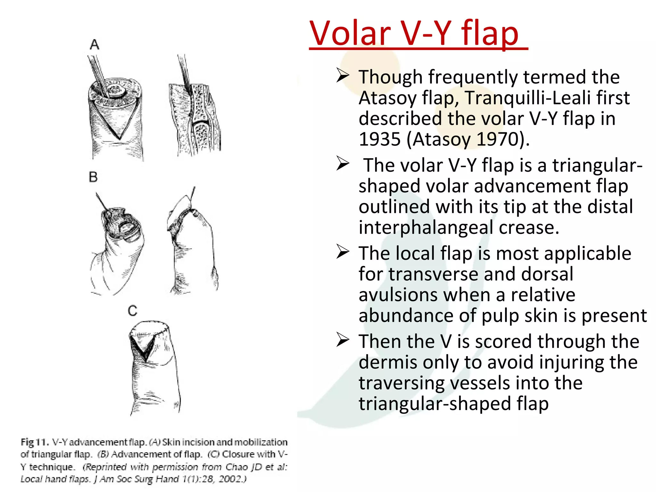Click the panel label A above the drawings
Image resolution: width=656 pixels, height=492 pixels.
coord(94,45)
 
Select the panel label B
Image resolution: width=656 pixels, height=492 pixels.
coord(93,177)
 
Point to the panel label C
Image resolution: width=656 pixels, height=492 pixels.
coord(132,311)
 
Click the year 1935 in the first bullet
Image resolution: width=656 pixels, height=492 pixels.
coord(380,139)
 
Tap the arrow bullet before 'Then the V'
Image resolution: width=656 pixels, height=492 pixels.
coord(342,340)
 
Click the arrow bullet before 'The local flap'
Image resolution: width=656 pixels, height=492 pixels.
coord(342,252)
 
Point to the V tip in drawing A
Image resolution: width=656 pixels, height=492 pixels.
coord(119,138)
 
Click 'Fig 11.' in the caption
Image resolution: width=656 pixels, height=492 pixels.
coord(35,442)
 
